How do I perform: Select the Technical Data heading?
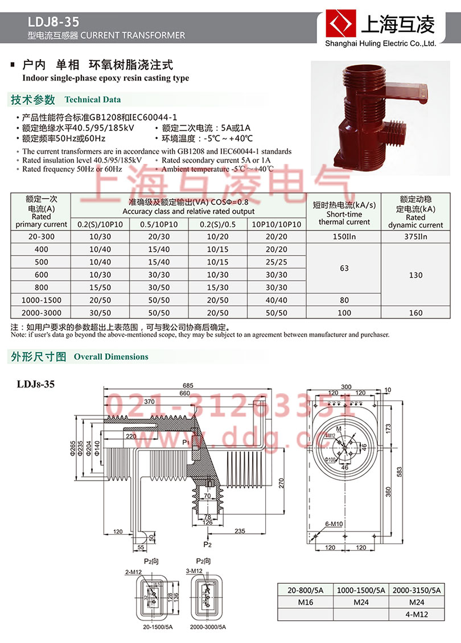92,100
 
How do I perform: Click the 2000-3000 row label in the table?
42,312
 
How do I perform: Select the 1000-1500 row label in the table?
42,300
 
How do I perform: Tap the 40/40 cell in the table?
276,300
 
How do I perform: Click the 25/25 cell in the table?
276,262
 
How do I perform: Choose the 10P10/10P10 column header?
276,225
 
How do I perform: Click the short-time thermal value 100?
344,312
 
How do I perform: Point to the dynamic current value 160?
415,312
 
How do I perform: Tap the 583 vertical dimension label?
399,472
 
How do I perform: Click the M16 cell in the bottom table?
305,601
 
